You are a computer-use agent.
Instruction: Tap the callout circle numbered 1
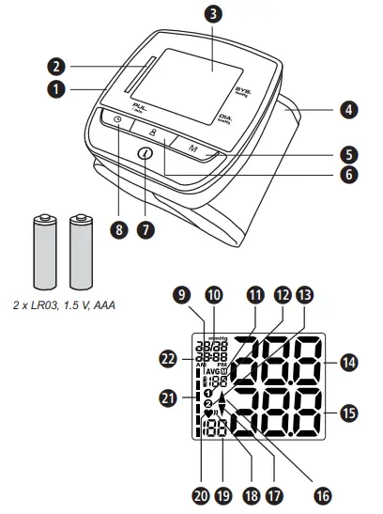click(x=57, y=90)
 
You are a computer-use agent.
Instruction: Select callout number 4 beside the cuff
click(x=348, y=110)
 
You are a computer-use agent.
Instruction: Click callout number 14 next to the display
click(x=348, y=361)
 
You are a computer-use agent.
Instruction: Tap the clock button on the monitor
click(x=115, y=132)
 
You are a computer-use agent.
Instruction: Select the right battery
click(x=80, y=249)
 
